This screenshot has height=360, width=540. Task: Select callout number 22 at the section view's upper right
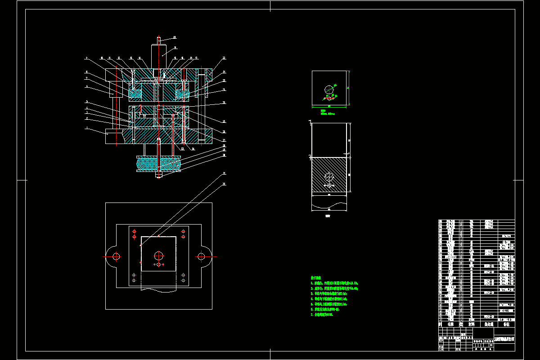(x=224, y=58)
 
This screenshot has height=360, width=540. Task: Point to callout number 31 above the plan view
(x=224, y=174)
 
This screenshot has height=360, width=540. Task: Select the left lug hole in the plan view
(x=117, y=256)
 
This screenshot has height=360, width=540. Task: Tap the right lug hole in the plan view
(x=201, y=256)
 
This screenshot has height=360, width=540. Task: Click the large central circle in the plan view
(x=159, y=256)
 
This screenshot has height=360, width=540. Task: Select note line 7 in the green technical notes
(x=322, y=315)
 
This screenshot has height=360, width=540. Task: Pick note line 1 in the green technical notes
(x=335, y=283)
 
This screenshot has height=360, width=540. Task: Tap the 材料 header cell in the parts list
(x=472, y=324)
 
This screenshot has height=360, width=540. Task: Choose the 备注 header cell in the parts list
(x=506, y=324)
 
